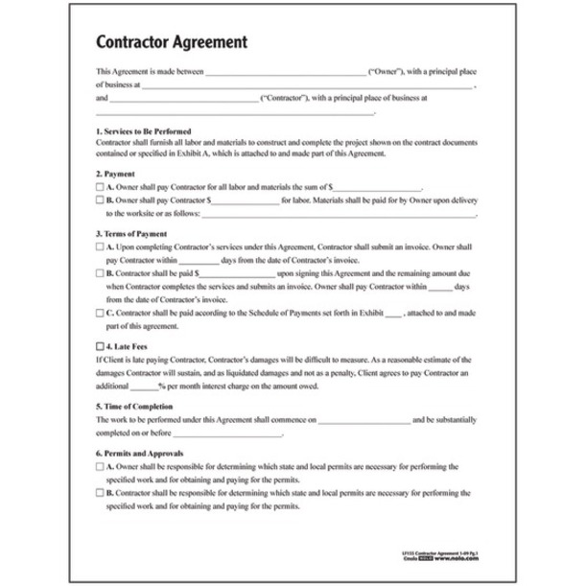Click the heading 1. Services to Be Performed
point(145,130)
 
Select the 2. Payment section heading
point(116,175)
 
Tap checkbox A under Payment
point(101,188)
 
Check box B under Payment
point(101,200)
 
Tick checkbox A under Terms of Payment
point(101,246)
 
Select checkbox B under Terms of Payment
point(101,272)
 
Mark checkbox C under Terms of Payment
point(101,313)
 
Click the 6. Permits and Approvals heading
point(141,452)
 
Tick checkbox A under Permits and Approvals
point(101,465)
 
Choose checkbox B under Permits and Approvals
point(101,492)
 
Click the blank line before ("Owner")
point(286,73)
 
